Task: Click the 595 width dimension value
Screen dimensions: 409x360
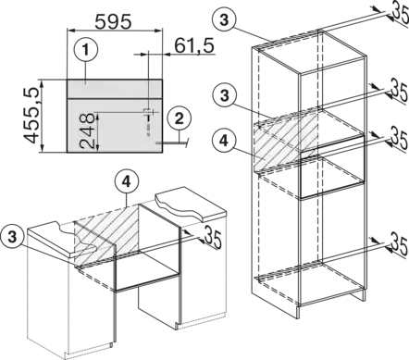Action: (x=113, y=21)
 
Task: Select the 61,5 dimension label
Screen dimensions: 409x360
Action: (x=194, y=46)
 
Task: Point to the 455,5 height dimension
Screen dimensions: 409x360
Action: (x=31, y=115)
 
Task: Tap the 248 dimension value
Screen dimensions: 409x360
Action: (x=86, y=131)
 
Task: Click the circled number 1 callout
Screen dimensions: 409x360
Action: (x=86, y=50)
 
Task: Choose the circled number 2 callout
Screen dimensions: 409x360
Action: (x=180, y=118)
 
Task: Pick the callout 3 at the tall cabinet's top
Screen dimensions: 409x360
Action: (x=224, y=20)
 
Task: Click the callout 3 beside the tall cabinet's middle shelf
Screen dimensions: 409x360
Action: (x=225, y=95)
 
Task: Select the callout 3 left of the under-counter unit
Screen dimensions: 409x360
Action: (x=12, y=237)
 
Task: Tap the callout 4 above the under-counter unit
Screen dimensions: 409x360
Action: (x=126, y=182)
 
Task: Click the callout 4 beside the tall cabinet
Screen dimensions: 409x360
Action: (x=224, y=142)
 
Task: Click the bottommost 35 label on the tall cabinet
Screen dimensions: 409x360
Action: (x=400, y=243)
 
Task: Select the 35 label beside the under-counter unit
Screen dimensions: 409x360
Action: (x=213, y=237)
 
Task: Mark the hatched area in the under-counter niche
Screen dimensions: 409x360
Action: (x=106, y=235)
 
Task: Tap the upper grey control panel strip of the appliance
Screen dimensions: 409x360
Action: (x=115, y=89)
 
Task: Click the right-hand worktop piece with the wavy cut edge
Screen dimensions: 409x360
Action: (x=192, y=205)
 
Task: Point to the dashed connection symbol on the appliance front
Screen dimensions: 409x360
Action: (x=148, y=121)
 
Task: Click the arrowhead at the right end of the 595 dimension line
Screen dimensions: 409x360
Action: (x=158, y=31)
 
